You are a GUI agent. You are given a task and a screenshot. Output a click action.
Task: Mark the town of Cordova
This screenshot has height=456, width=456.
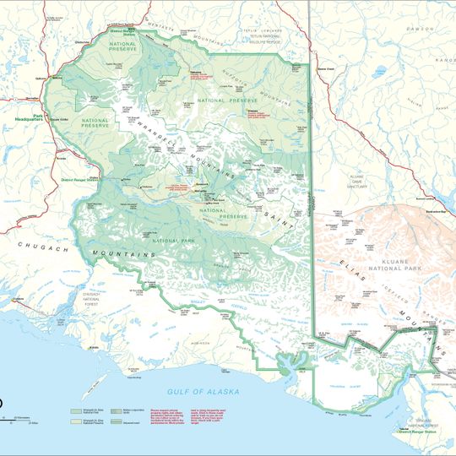click(x=17, y=299)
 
